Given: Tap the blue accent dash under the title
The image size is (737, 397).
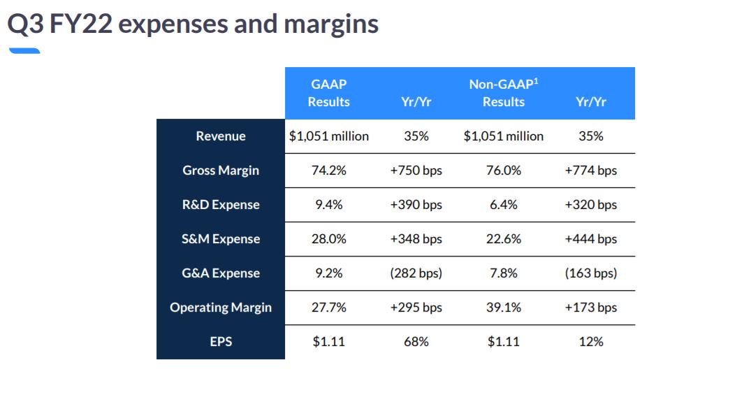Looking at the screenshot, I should pos(24,50).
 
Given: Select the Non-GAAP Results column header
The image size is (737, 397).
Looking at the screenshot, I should pos(503,93).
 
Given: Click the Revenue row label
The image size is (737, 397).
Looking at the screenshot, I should pos(221,136).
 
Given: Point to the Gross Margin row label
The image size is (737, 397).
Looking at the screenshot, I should pos(221,171).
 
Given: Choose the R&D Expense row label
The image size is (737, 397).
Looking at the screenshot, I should pos(221,205).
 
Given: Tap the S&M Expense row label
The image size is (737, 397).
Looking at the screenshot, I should pos(221,239).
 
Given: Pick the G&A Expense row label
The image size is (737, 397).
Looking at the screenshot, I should pos(221,273).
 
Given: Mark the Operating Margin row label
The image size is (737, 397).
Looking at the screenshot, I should pos(221,308).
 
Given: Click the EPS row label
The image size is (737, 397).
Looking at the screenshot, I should pos(221,342).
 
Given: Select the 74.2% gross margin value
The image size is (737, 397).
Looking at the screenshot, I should pos(328,171).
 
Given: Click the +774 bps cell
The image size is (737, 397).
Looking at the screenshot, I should pos(590,171).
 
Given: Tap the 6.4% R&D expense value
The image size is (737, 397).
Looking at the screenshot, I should pos(503,205).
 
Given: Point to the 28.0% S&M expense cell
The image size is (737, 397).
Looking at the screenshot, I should pos(328,239).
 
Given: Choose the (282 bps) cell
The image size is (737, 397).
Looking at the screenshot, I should pos(416,273).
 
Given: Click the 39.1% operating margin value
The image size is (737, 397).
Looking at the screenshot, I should pos(503,308).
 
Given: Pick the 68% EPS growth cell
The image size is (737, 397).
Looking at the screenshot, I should pos(416,342).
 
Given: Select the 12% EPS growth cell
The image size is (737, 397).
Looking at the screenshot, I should pos(590,342).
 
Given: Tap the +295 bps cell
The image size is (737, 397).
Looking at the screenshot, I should pos(416,308).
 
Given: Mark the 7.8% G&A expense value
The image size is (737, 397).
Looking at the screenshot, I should pos(503,273).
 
